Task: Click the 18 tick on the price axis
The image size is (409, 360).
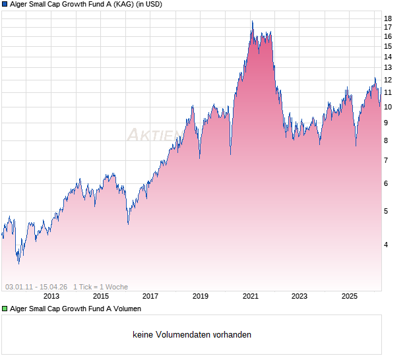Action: [388, 18]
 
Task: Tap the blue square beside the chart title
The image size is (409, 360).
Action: [5, 4]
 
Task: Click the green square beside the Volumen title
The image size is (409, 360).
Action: [5, 309]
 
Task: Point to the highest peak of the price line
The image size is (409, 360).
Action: [252, 22]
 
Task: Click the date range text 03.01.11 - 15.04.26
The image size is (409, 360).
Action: [36, 287]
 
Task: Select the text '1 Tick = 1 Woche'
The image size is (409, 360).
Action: [100, 287]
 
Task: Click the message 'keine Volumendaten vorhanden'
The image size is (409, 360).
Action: [192, 335]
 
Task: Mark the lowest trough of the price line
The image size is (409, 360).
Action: [18, 264]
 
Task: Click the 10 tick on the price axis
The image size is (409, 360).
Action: [388, 107]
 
